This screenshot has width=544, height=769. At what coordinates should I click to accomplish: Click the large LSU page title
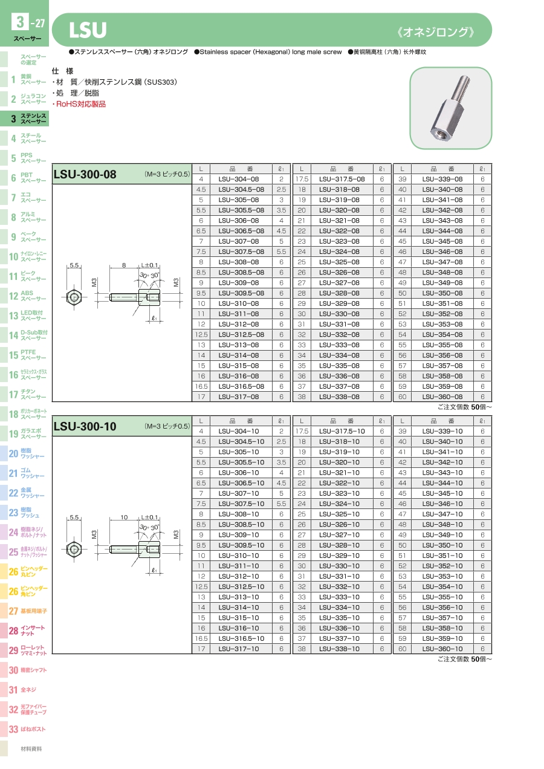tap(88, 30)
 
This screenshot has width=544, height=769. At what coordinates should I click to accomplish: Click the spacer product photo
tap(450, 108)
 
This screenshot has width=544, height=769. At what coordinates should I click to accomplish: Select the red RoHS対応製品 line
tap(79, 104)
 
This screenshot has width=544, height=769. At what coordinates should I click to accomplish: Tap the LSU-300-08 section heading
tap(85, 174)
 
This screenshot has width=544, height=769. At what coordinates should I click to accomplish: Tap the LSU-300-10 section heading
tap(85, 426)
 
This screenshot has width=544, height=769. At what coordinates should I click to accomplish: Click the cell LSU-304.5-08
tap(241, 189)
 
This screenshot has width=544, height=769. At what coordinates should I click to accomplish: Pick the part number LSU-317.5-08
tap(342, 179)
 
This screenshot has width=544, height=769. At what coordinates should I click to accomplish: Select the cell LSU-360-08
tap(442, 397)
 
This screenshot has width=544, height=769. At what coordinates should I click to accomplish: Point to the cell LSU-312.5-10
tap(241, 586)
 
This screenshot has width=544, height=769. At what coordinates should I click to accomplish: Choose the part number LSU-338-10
tap(339, 649)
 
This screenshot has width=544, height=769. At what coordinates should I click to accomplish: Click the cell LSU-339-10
tap(442, 431)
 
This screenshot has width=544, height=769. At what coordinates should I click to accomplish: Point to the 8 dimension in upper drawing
tap(124, 265)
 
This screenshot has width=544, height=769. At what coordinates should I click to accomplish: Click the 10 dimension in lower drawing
tap(124, 517)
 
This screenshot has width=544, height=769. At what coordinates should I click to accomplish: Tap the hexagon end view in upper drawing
tap(74, 297)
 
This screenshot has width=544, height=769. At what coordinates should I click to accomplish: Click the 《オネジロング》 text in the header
tap(436, 32)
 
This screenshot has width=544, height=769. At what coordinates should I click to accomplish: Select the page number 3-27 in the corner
tap(28, 22)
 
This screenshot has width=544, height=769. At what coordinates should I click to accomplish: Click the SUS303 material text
tap(161, 82)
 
